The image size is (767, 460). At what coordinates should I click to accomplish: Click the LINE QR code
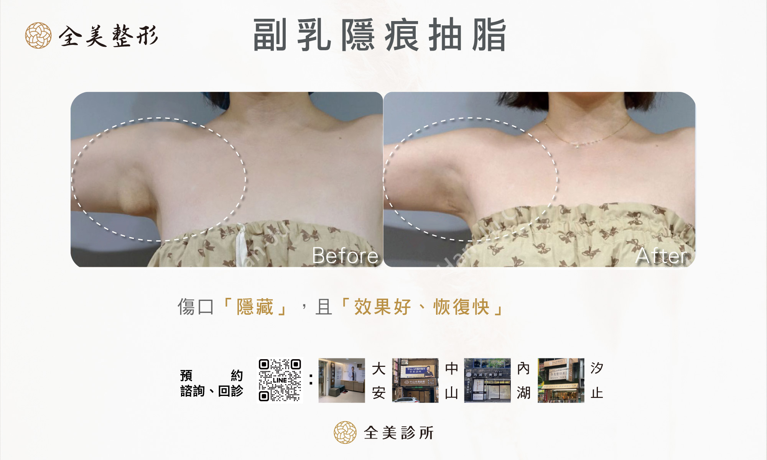click(x=280, y=380)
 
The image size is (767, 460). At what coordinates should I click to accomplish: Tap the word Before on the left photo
click(x=345, y=255)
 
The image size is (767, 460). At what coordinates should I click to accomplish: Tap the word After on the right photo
click(x=663, y=255)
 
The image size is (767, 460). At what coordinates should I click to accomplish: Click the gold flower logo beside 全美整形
click(x=38, y=35)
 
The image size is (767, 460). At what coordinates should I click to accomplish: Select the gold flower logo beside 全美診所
click(x=345, y=432)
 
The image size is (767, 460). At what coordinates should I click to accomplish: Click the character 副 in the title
click(x=270, y=35)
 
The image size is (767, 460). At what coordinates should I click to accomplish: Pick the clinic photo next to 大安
click(x=341, y=380)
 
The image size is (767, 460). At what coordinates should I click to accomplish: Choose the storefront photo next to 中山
click(x=415, y=380)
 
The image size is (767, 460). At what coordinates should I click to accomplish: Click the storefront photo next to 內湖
click(x=487, y=380)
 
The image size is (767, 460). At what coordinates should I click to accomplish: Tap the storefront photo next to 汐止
click(x=561, y=380)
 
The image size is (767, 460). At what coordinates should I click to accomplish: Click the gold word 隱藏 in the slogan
click(x=255, y=307)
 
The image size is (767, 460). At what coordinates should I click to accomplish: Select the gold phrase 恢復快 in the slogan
click(x=461, y=307)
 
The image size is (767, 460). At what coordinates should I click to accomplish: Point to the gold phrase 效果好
click(x=382, y=307)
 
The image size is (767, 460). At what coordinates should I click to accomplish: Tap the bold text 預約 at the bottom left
click(x=211, y=375)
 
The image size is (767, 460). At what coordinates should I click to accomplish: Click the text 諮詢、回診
click(x=211, y=391)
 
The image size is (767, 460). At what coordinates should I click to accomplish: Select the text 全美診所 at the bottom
click(x=398, y=433)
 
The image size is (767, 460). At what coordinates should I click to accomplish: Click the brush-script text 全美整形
click(x=108, y=36)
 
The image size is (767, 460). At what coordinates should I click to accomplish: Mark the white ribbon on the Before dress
click(x=241, y=245)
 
